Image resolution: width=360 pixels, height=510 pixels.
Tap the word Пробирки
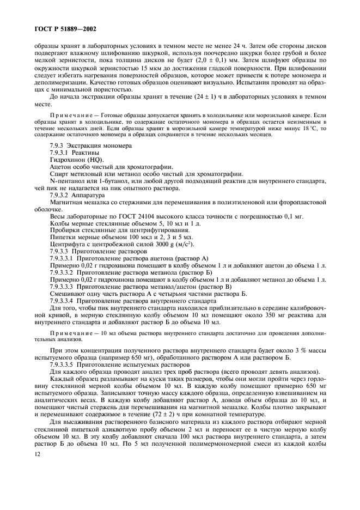(64, 230)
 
